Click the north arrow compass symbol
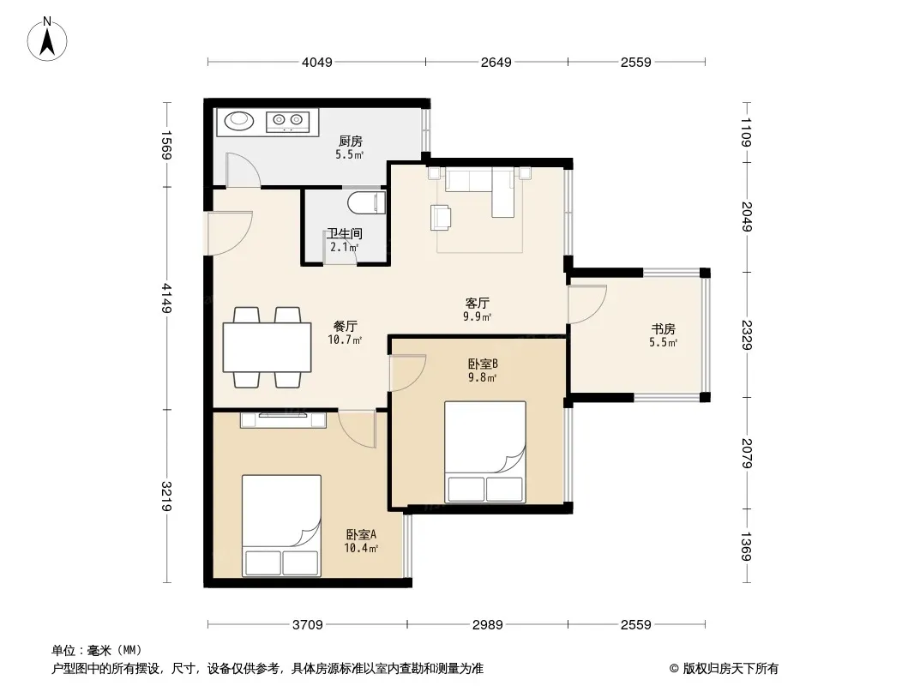[x=47, y=39]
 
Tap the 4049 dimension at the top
[x=317, y=62]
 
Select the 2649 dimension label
[x=496, y=62]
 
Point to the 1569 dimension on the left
[x=166, y=145]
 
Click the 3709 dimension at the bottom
[x=307, y=625]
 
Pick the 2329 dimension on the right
[x=747, y=334]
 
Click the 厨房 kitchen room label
[x=351, y=141]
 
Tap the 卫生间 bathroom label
[x=345, y=234]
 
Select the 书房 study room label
[x=664, y=329]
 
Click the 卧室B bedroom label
[x=483, y=364]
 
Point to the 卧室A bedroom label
[x=362, y=534]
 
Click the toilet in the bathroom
[x=367, y=203]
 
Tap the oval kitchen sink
[x=239, y=121]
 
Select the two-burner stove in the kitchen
[x=287, y=121]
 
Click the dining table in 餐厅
[x=267, y=347]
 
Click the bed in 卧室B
[x=485, y=452]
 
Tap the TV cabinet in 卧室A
[x=283, y=419]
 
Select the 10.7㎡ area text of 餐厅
[x=345, y=340]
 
